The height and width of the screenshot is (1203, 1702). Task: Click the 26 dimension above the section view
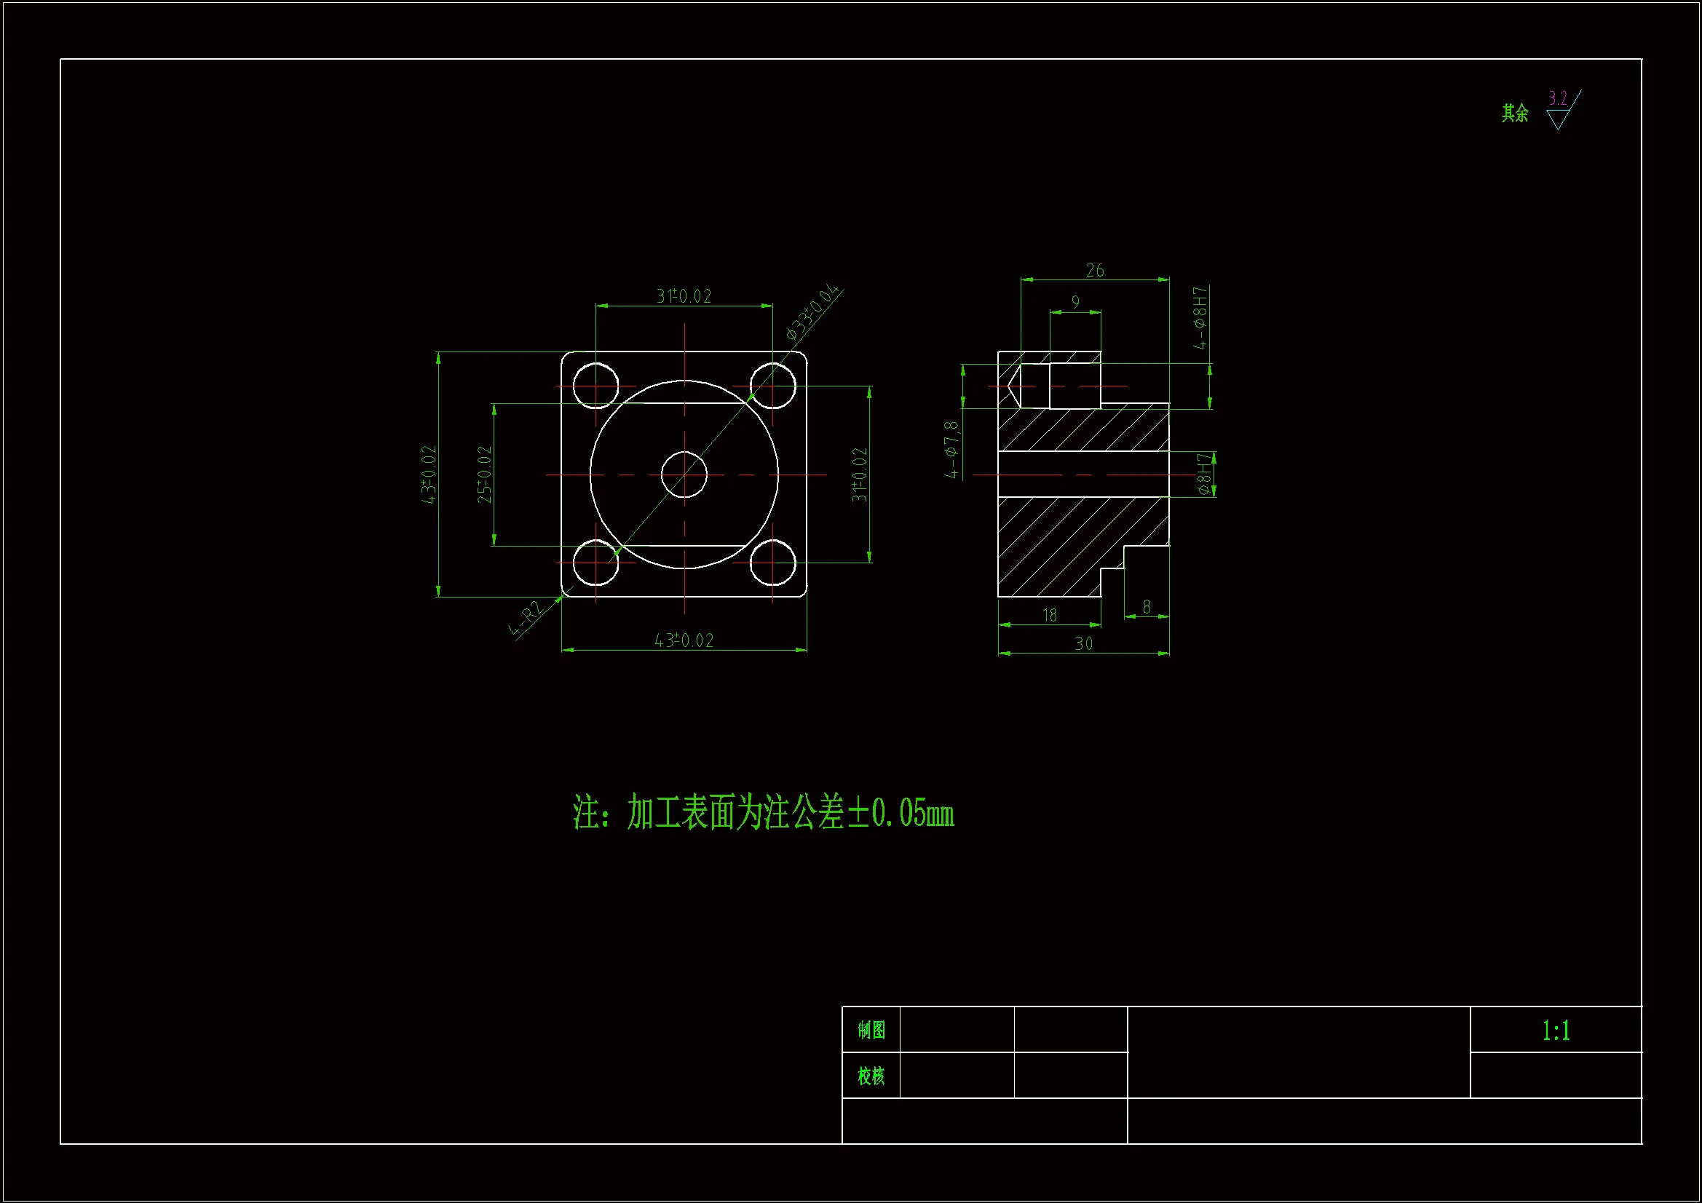1094,271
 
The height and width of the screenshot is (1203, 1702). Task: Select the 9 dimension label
1075,303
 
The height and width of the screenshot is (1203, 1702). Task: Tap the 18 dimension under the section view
1049,615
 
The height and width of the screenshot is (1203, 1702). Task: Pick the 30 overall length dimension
1083,643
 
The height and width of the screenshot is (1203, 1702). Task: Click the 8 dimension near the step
1146,607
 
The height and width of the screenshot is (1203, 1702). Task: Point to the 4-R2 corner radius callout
526,619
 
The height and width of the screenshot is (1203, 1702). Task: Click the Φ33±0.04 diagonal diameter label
813,312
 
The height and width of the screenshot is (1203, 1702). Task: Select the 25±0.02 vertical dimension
484,475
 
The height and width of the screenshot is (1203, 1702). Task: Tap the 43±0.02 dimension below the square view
684,640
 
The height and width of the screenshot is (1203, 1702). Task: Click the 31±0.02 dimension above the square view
684,296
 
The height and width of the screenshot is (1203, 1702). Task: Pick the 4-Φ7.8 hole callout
951,449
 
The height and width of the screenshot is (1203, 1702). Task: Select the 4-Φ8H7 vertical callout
1200,318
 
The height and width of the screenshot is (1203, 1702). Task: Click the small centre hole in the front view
684,475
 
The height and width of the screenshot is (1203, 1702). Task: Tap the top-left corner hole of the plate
595,386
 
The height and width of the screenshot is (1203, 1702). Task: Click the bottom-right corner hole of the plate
772,563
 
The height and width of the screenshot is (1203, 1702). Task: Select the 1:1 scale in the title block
1555,1031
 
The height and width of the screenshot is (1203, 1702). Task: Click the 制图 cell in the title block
871,1030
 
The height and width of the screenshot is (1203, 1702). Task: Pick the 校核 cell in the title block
871,1076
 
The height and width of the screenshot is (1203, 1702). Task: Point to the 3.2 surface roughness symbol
1559,110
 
